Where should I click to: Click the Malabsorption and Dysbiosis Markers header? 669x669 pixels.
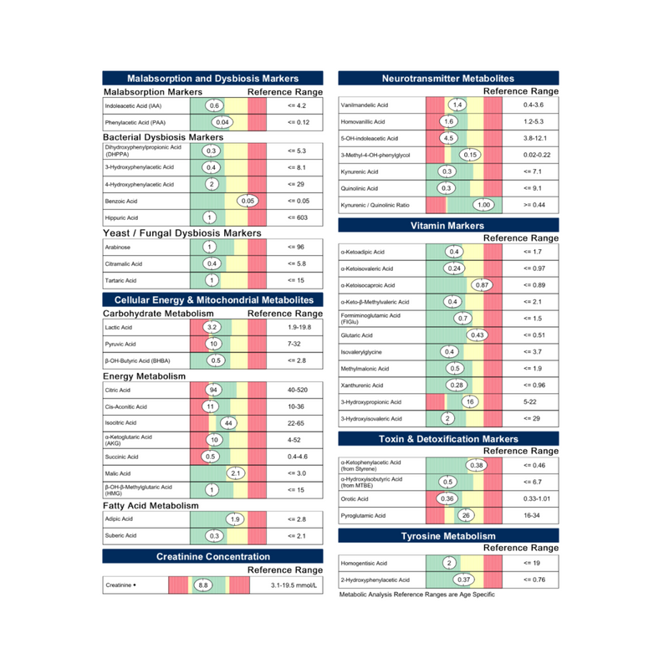[212, 78]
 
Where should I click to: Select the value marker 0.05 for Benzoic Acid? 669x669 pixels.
[248, 202]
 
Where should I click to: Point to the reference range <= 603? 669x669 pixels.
[298, 217]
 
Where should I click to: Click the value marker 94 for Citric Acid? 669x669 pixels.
[213, 391]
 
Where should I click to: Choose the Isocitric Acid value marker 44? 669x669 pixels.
[228, 423]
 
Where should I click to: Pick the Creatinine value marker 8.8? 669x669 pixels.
[202, 585]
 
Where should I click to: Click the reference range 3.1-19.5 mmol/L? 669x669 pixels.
[295, 585]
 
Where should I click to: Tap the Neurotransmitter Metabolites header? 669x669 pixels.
[447, 78]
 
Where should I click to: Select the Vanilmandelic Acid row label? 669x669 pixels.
[365, 105]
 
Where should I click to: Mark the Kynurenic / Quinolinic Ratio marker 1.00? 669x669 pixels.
[483, 205]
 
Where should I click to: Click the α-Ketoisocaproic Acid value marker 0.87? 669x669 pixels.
[482, 285]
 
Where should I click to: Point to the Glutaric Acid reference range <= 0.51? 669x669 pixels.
[534, 335]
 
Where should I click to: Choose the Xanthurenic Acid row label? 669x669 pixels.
[361, 386]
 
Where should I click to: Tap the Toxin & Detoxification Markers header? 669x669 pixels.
[447, 439]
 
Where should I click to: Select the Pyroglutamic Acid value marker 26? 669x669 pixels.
[467, 515]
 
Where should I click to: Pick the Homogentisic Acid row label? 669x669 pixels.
[364, 564]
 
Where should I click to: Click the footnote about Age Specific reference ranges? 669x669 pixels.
[417, 595]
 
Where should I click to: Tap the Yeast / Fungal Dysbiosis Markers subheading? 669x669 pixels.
[182, 232]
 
